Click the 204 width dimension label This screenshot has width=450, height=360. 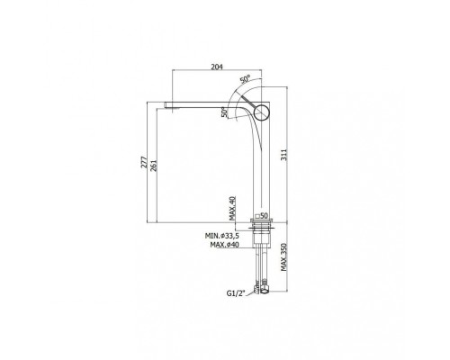[x=217, y=67]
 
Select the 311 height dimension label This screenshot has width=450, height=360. [x=283, y=155]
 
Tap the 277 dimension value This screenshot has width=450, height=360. [x=144, y=162]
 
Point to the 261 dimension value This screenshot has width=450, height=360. [x=153, y=165]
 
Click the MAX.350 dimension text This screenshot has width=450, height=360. [x=283, y=257]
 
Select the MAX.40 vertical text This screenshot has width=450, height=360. [x=232, y=208]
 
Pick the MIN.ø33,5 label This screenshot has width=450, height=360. [x=222, y=236]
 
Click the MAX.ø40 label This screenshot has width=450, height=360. [x=224, y=245]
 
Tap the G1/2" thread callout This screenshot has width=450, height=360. [x=236, y=293]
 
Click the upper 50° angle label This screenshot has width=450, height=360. [x=245, y=79]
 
